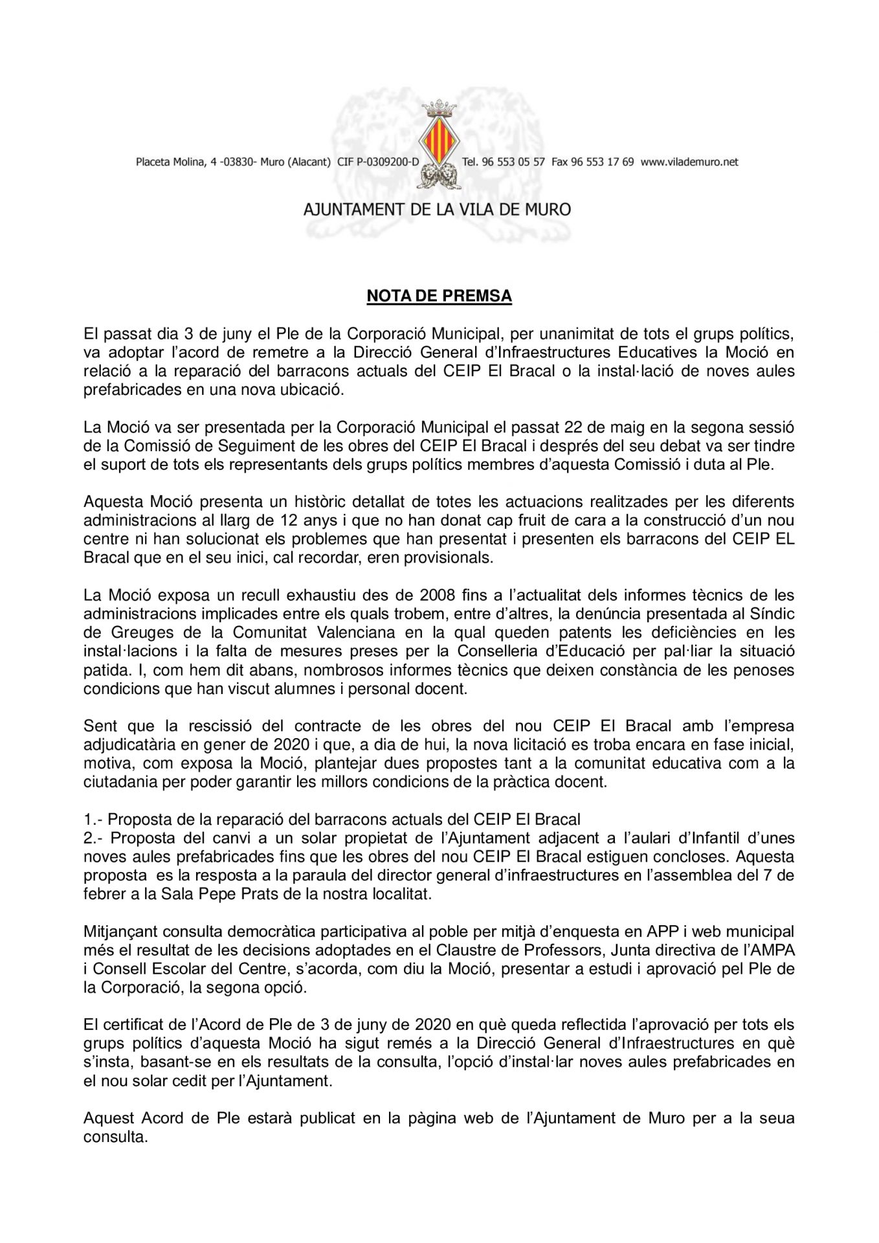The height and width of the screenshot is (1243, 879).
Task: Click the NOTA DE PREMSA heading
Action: coord(439,296)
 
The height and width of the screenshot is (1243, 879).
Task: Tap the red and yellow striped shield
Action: coord(439,140)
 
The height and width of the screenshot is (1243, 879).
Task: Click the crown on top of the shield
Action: coord(439,107)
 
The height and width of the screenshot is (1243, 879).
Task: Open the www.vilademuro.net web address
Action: coord(689,162)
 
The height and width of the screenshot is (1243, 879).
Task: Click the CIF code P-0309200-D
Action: coord(378,162)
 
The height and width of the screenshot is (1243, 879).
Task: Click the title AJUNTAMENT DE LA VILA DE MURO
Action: coord(438,210)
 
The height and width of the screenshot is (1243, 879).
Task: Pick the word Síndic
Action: coord(772,614)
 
